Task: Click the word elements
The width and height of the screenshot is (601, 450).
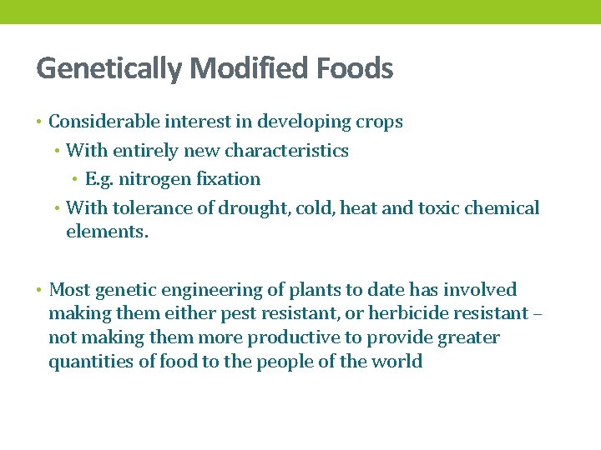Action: (x=107, y=232)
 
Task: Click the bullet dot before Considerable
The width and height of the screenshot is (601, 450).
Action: (x=39, y=122)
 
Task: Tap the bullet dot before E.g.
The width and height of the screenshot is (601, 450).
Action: (x=75, y=180)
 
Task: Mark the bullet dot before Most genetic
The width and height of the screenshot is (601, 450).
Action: (x=39, y=291)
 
